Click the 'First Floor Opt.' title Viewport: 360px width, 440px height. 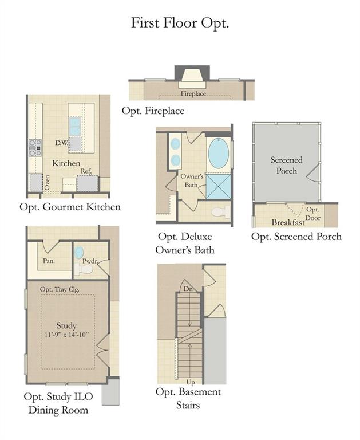point(180,23)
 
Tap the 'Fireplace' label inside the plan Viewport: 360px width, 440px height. point(193,94)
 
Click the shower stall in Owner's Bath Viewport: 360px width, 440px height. point(219,186)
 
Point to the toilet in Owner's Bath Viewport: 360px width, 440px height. point(220,212)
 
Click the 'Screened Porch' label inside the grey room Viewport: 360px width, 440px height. point(286,165)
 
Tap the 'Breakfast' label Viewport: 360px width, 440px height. point(288,222)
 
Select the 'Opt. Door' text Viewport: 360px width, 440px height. point(312,214)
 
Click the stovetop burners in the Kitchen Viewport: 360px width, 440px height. point(35,148)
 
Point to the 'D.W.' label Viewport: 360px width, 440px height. point(61,143)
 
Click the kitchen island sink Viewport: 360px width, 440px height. point(75,126)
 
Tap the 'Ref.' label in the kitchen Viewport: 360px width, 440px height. point(86,171)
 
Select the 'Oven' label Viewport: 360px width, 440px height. point(47,183)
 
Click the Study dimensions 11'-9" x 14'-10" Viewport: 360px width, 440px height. point(66,335)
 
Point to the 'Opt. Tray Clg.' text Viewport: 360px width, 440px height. point(60,289)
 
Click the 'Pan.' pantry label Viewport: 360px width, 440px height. point(49,261)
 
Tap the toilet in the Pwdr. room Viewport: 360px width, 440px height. point(84,269)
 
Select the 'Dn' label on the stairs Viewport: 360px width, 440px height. point(188,289)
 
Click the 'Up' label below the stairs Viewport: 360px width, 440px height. point(191,382)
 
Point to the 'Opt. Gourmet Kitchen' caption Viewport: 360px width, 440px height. point(70,207)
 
